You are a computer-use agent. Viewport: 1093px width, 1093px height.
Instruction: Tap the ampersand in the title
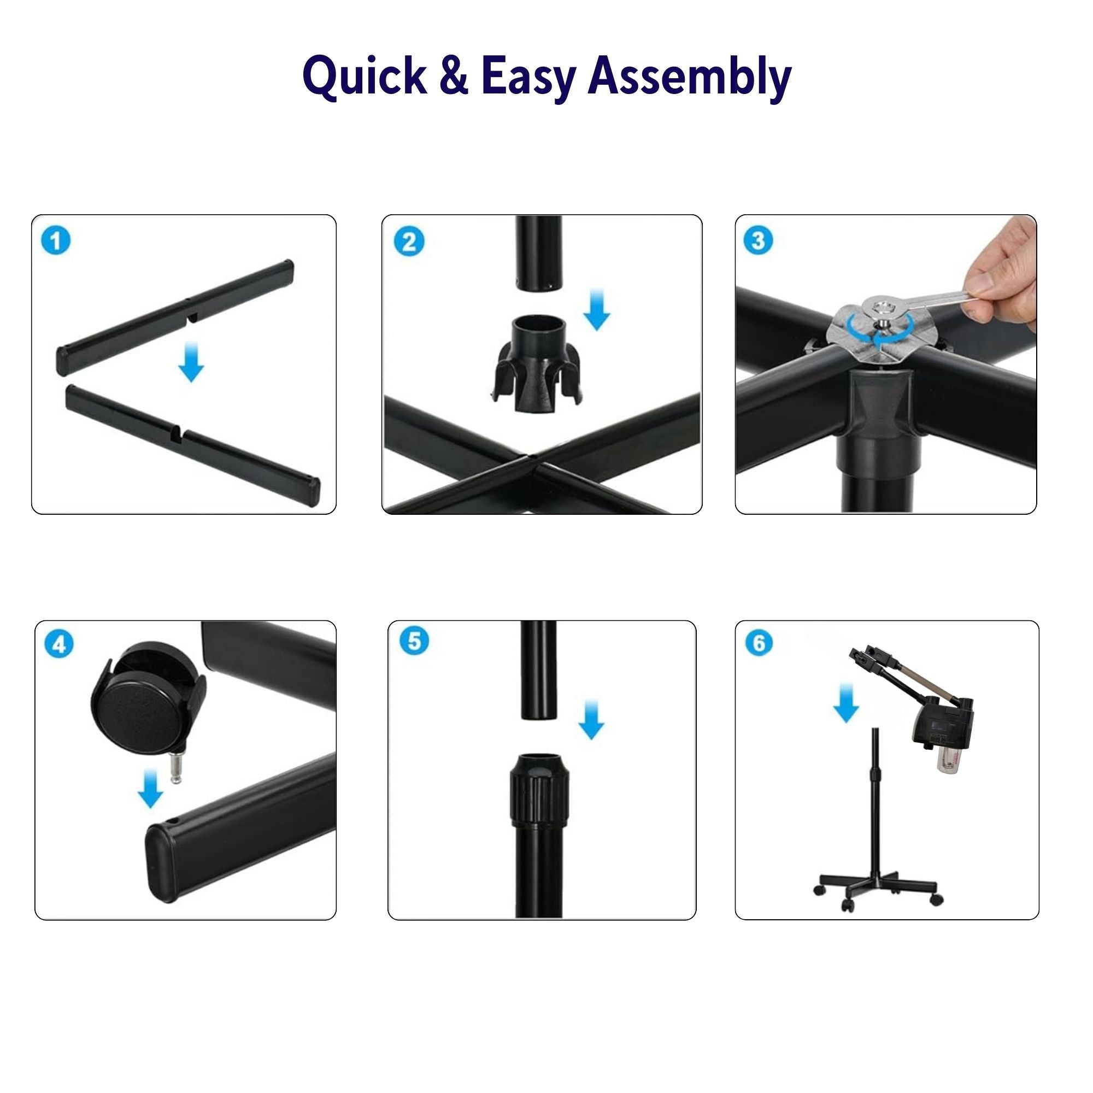(x=454, y=76)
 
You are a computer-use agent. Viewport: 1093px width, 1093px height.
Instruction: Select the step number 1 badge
(x=56, y=241)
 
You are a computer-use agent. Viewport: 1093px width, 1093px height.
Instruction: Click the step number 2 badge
(x=408, y=242)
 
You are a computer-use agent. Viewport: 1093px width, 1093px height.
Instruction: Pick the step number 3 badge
(x=758, y=240)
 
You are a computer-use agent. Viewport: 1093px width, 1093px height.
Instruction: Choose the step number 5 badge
(x=414, y=642)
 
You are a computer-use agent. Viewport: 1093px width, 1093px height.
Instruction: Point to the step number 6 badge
(x=759, y=643)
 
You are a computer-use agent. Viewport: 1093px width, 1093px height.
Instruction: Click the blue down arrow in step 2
(x=597, y=309)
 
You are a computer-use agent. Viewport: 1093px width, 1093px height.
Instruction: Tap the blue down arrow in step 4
(x=150, y=788)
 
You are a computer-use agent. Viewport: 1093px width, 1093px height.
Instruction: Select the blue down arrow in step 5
(x=591, y=719)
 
